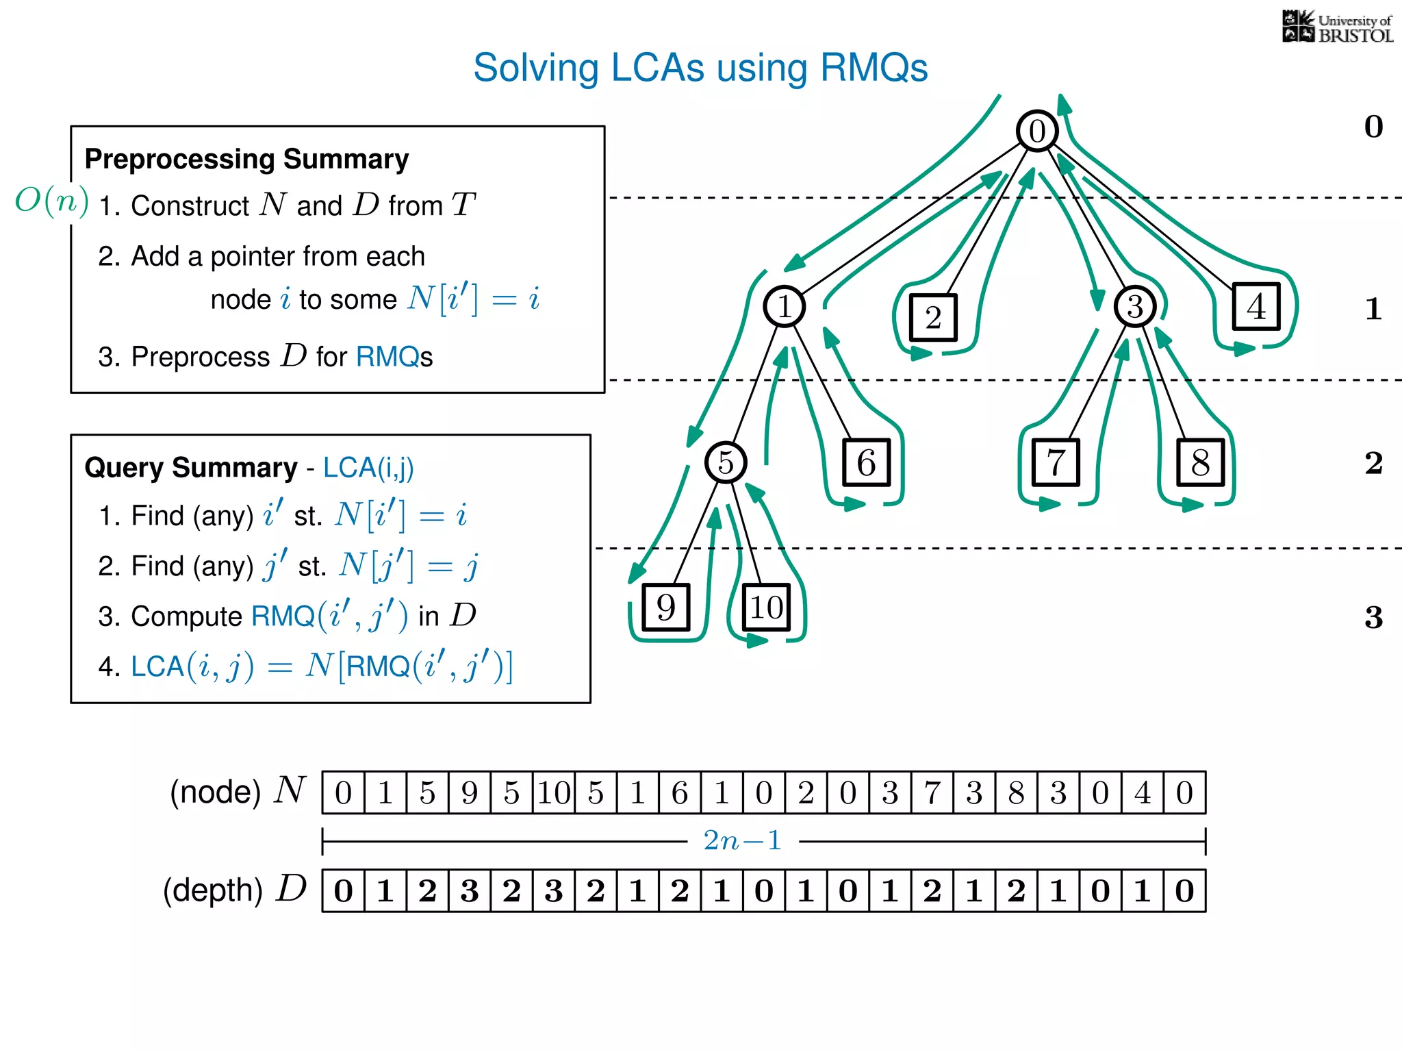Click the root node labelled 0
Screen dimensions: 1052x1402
tap(1036, 131)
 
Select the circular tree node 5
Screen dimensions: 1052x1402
tap(726, 462)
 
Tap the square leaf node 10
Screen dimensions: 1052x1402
tap(766, 608)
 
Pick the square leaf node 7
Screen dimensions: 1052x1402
tap(1056, 463)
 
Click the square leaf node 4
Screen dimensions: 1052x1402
tap(1256, 306)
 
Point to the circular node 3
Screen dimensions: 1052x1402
tap(1134, 306)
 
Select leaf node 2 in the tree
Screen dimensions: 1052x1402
tap(933, 317)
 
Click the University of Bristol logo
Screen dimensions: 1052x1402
tap(1337, 27)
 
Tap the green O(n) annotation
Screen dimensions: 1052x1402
tap(52, 201)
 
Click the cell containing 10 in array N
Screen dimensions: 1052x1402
tap(554, 793)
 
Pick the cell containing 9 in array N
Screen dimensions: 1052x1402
tap(470, 793)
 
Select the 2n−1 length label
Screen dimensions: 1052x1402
tap(743, 840)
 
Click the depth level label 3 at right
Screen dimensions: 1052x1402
tap(1373, 617)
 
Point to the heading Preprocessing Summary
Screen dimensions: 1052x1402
tap(246, 159)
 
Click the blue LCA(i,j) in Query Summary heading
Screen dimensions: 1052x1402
tap(368, 468)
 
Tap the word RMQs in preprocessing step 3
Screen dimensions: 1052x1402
tap(394, 357)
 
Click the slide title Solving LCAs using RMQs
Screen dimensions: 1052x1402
tap(700, 68)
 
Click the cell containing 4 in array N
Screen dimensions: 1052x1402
tap(1143, 793)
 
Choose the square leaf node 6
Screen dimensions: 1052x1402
tap(866, 463)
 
